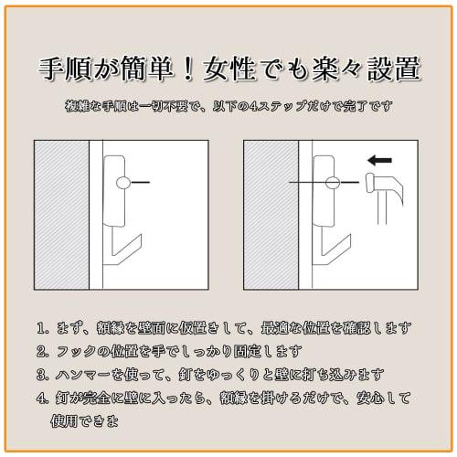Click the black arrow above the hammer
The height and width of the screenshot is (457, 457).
tap(379, 160)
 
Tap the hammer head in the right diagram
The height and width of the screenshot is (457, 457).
tap(385, 185)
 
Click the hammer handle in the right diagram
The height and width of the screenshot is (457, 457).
tap(382, 209)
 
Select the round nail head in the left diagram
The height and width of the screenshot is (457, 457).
tap(123, 183)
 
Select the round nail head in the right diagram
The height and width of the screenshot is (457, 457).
tap(333, 183)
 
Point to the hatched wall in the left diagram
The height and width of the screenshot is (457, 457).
tap(62, 215)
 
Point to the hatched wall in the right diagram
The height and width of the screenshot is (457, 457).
tap(271, 215)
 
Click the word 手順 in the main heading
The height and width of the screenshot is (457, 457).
tap(65, 69)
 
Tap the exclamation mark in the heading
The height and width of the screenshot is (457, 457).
tap(189, 69)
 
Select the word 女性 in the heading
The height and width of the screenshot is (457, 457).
tap(229, 69)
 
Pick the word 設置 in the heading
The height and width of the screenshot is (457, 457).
tap(394, 69)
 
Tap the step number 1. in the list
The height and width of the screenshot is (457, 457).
tap(42, 328)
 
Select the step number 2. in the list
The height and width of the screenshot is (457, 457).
tap(42, 352)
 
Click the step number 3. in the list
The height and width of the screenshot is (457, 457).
tap(42, 375)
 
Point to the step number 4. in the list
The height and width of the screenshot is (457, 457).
tap(42, 399)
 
